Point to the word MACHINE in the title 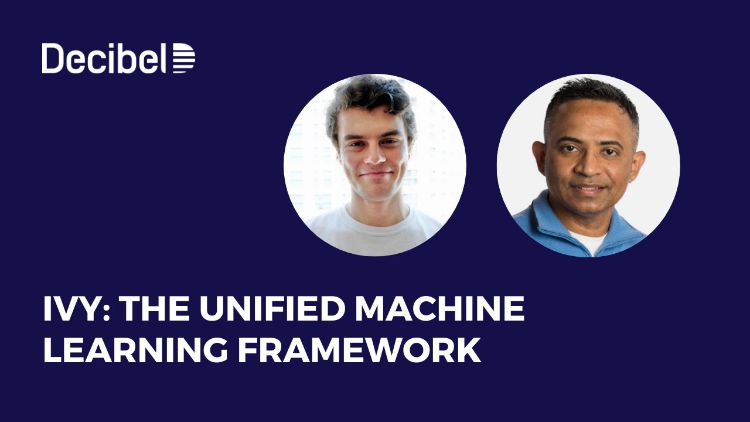tap(441, 309)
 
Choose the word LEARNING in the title tap(135, 350)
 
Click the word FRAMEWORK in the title tap(359, 350)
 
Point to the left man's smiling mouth tap(376, 174)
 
